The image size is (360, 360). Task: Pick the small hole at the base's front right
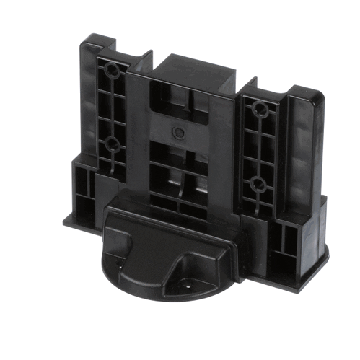190,284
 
